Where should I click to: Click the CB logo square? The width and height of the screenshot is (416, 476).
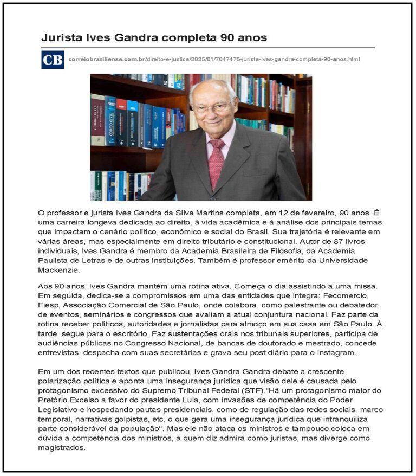tap(53, 60)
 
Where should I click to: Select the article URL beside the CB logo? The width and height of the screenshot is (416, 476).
tap(214, 59)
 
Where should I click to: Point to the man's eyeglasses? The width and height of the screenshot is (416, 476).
tap(213, 107)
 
